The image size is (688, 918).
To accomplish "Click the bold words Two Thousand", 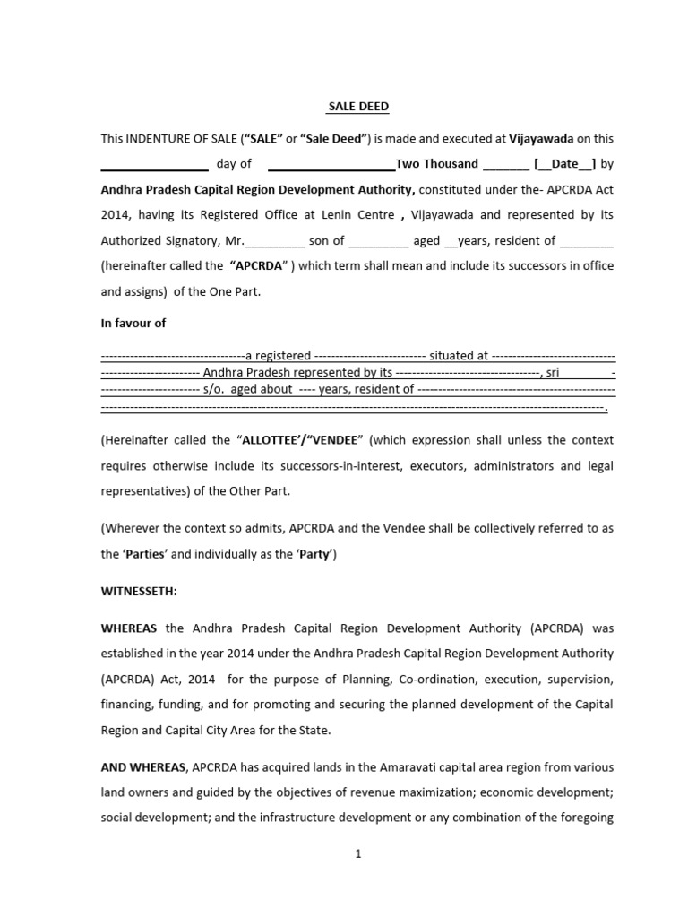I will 437,164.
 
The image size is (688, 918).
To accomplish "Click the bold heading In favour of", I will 133,324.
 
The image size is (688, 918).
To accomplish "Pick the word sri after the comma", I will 552,372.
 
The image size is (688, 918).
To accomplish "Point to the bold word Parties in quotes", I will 144,554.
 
